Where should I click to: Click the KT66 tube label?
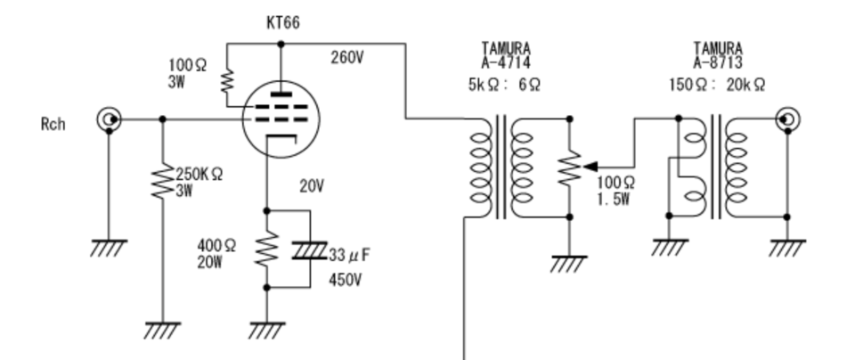[283, 23]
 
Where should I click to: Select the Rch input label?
[53, 125]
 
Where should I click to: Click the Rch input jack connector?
[109, 119]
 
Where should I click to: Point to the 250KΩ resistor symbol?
[162, 183]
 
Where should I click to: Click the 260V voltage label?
[346, 57]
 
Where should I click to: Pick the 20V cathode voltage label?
[312, 186]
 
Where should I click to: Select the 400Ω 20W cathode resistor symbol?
[266, 249]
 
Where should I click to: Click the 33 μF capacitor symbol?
[310, 250]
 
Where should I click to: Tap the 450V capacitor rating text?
[345, 281]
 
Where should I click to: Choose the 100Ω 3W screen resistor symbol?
[226, 82]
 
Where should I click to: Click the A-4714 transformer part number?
[506, 62]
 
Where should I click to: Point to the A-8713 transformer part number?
[718, 62]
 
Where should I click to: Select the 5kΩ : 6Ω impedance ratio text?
[504, 85]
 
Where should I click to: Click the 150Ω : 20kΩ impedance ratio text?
[717, 85]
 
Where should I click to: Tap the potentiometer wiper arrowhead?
[590, 167]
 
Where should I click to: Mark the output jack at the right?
[787, 119]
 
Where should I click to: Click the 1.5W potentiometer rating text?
[614, 200]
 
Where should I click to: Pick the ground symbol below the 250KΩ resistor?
[162, 330]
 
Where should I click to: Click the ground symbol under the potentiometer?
[569, 264]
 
